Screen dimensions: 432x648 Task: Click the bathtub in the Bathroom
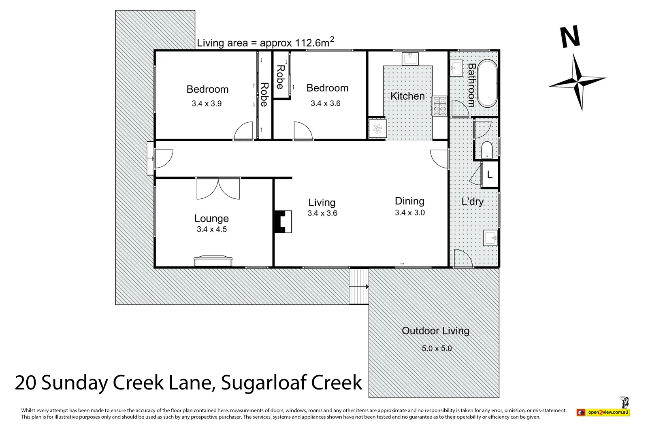point(487,83)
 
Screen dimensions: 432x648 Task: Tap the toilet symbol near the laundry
point(487,149)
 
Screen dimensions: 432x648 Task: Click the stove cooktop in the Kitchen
point(439,106)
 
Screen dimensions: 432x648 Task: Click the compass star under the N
point(578,81)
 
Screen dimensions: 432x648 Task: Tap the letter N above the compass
point(570,37)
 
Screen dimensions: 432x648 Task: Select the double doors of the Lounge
point(218,189)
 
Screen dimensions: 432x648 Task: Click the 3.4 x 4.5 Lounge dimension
point(211,229)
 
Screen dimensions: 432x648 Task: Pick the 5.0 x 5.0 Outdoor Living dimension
point(436,348)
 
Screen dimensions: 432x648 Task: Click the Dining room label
point(409,201)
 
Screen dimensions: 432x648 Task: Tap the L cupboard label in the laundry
point(490,175)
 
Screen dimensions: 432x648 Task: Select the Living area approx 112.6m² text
point(265,43)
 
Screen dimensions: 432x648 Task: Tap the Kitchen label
point(407,96)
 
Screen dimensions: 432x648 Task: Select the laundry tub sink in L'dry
point(490,238)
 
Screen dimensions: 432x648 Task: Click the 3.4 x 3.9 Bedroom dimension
point(207,104)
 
